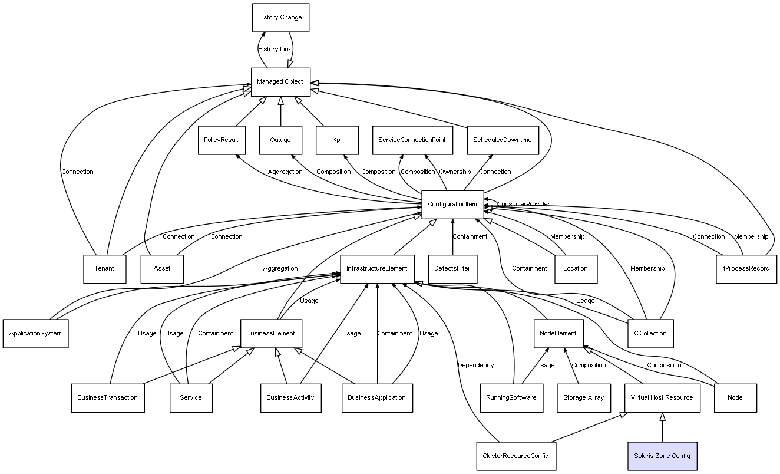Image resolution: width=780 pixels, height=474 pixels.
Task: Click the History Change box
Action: tap(280, 18)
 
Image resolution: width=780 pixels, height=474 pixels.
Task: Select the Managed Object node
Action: tap(280, 82)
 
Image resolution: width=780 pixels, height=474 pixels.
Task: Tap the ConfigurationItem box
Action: tap(452, 205)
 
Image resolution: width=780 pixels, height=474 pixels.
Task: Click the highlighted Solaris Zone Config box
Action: tap(662, 456)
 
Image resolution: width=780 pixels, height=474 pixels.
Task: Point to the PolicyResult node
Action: tap(221, 140)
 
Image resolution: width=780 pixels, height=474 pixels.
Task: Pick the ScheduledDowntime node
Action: tap(503, 140)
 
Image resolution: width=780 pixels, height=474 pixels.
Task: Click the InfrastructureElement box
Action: tap(377, 269)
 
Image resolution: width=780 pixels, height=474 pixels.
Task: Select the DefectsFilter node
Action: tap(452, 269)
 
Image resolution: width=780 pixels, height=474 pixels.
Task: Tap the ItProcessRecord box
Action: tap(746, 269)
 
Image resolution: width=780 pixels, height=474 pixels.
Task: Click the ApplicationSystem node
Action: tap(35, 333)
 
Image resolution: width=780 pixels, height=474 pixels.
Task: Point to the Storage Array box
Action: tap(583, 397)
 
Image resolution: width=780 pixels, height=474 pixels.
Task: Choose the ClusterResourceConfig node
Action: tap(516, 456)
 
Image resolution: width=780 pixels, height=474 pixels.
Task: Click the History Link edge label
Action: tap(275, 50)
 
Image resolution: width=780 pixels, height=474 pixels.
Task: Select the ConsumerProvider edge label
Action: tap(523, 204)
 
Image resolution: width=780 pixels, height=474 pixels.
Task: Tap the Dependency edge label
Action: tap(475, 366)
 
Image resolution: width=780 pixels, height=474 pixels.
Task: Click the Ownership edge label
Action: tap(455, 172)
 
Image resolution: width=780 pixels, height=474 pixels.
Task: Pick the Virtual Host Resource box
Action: tap(662, 397)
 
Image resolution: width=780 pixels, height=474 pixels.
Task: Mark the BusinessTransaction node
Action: tap(107, 397)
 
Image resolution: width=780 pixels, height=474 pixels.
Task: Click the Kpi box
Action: tap(337, 140)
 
